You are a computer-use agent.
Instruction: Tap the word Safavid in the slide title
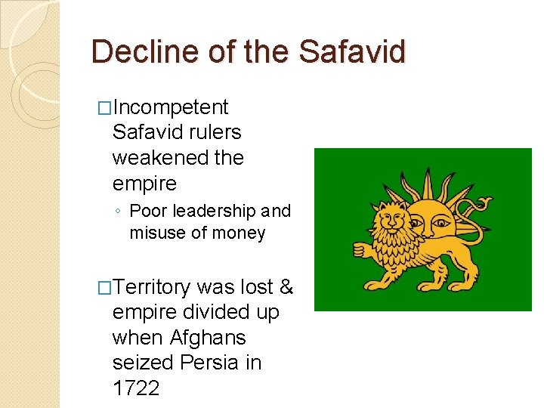pyautogui.click(x=352, y=51)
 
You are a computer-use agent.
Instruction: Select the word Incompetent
pyautogui.click(x=170, y=107)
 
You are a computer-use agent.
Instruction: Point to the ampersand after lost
pyautogui.click(x=286, y=287)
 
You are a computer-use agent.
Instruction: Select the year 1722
pyautogui.click(x=136, y=388)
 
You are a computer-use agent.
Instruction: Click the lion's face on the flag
pyautogui.click(x=392, y=221)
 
